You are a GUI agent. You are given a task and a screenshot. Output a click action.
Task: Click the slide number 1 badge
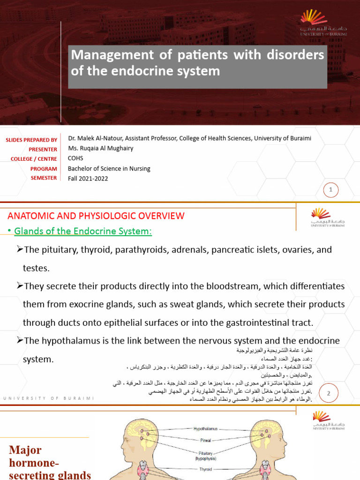331,190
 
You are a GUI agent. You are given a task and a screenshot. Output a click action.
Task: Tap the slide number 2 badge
329,394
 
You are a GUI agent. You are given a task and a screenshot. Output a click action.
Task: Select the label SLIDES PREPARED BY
31,140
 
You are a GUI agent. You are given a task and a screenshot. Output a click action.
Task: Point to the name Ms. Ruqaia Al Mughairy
100,148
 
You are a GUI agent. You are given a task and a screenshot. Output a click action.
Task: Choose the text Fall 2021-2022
88,179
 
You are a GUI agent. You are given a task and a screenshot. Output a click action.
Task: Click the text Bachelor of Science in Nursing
109,169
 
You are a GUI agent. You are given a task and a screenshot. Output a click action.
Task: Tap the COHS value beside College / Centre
75,158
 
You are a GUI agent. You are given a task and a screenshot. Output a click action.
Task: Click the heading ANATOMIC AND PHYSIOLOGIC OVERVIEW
96,216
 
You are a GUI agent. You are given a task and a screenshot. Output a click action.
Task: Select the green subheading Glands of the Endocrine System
83,232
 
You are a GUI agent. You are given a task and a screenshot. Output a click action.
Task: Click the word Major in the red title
25,450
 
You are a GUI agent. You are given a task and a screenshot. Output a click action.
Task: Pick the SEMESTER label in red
44,178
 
